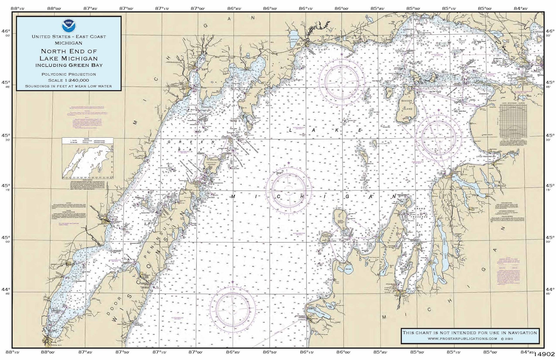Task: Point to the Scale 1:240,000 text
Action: click(69, 80)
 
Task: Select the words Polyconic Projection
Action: click(69, 74)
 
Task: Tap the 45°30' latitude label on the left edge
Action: click(6, 137)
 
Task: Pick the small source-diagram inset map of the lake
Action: click(88, 158)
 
